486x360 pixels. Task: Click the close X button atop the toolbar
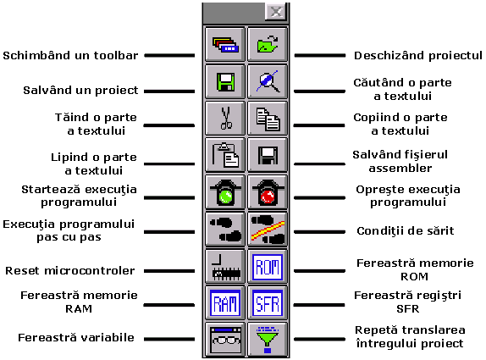point(276,12)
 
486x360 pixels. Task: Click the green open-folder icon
point(268,44)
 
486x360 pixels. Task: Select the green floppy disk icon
point(225,82)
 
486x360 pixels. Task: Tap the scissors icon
point(225,118)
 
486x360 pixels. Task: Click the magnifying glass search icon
point(268,82)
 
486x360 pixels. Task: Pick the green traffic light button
point(225,192)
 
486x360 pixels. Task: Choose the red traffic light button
point(268,192)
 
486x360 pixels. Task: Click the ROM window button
point(268,266)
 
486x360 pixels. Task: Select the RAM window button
point(225,303)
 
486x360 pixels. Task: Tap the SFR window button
point(268,303)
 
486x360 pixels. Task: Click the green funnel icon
point(268,340)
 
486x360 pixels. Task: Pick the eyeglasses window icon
point(225,340)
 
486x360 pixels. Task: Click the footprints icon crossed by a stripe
point(268,230)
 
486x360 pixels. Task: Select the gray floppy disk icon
point(268,155)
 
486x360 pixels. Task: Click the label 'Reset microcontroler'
point(70,271)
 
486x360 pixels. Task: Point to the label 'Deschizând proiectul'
point(418,56)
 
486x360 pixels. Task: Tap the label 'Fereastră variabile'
point(76,337)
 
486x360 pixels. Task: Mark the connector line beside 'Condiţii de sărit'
point(319,231)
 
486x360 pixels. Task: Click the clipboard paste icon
point(225,155)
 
